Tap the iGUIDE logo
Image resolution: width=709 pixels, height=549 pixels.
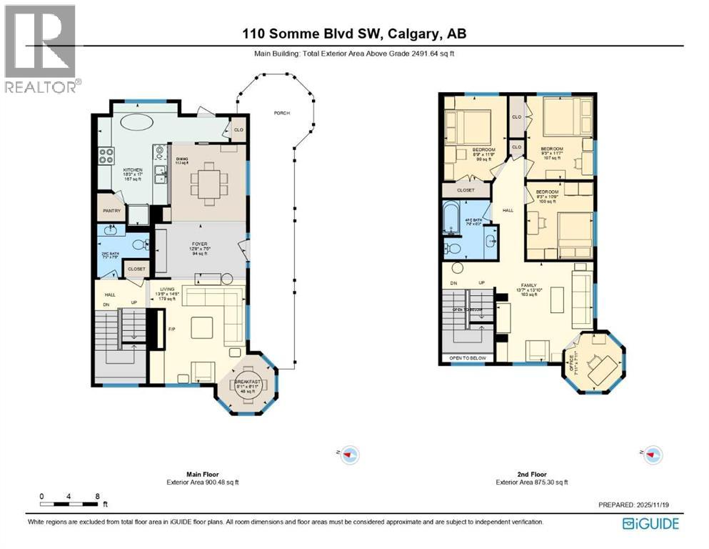pos(650,523)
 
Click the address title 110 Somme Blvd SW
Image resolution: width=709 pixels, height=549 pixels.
pos(353,34)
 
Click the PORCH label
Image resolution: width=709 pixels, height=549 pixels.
pos(281,113)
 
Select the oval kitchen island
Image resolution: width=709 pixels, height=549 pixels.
pos(135,123)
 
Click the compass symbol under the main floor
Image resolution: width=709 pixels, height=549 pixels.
pos(349,453)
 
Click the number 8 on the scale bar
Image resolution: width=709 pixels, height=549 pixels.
pos(96,495)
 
